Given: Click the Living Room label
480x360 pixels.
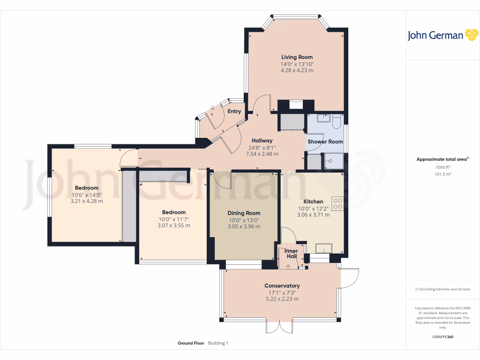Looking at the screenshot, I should coord(297,57).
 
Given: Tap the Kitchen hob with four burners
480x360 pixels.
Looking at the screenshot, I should coord(337,203).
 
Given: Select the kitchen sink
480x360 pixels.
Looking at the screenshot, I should coord(323,248).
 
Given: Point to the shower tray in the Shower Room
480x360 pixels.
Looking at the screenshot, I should coord(334,161).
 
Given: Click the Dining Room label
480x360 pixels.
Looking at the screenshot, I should coord(244,213).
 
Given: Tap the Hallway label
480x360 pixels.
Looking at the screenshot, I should coord(262,140).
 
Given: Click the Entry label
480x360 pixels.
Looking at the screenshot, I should coord(234,112).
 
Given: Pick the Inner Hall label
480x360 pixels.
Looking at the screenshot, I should coord(292,254).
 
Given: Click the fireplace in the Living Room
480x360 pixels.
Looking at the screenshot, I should coord(296,105).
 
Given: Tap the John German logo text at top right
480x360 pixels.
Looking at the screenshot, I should coord(435,36).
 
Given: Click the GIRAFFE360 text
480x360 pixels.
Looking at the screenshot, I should coord(442,337).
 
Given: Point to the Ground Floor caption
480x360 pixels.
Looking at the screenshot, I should coord(191,343).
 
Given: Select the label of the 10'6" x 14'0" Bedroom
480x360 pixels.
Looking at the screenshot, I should coord(87,188).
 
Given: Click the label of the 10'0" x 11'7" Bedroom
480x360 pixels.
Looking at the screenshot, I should coord(174,212).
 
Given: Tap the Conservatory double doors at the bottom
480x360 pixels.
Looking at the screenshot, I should coord(279,326).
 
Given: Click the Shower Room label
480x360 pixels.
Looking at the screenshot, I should coord(325,142).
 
